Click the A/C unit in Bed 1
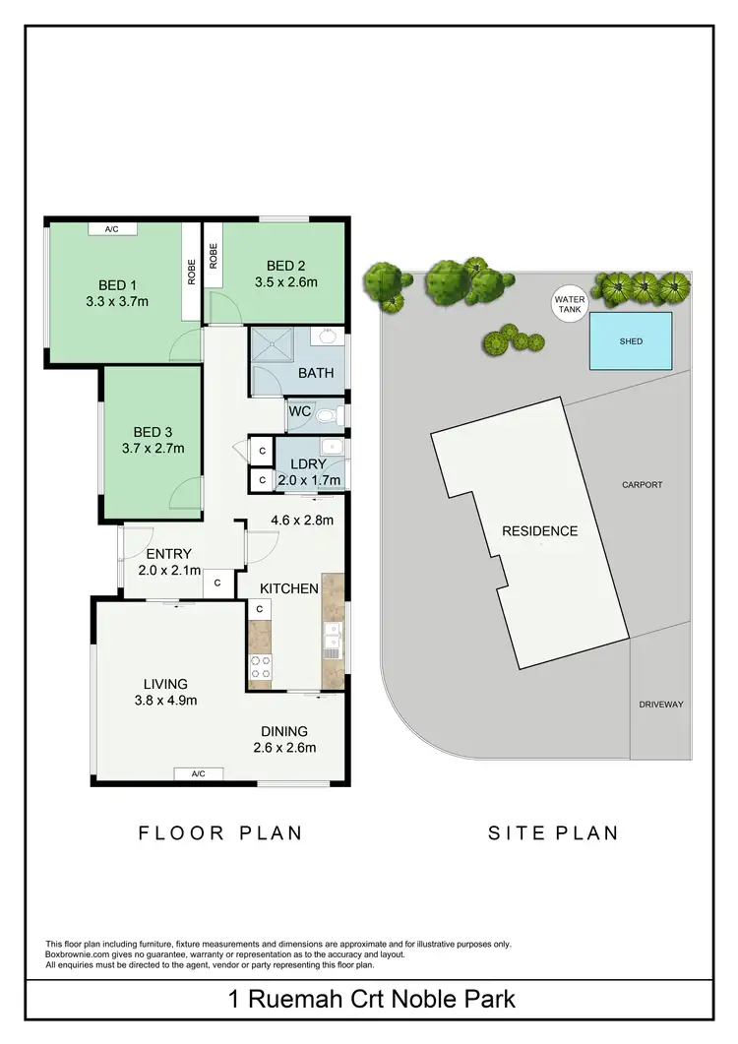click(112, 229)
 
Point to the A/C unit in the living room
click(198, 773)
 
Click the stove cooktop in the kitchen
click(260, 667)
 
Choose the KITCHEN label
click(289, 588)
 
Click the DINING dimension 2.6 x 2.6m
click(284, 747)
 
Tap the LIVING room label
click(164, 684)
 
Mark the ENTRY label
click(168, 554)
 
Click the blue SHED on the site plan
click(631, 340)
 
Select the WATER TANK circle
click(570, 304)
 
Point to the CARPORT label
click(642, 485)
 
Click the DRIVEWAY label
click(660, 705)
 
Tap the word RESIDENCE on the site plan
click(540, 531)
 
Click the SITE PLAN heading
click(554, 832)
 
